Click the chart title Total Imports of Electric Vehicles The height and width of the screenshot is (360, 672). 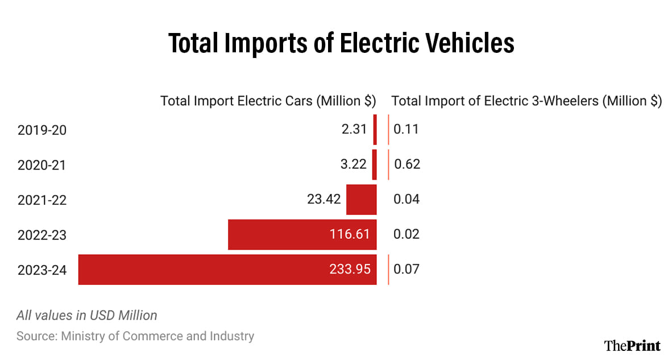click(x=341, y=44)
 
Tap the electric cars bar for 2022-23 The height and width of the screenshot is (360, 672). click(x=273, y=234)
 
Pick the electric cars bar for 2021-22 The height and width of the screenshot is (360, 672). click(x=362, y=200)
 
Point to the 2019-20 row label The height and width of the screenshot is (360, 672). click(x=42, y=130)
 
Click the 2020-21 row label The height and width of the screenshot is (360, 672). click(x=42, y=165)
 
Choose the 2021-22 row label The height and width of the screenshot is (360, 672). click(x=42, y=200)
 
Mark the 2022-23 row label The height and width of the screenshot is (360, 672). click(x=42, y=234)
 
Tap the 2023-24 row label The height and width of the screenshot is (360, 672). click(x=42, y=270)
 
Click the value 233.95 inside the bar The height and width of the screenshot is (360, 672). click(x=350, y=270)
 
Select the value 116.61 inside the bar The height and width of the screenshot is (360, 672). click(x=350, y=234)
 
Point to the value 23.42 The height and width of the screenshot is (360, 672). click(x=323, y=200)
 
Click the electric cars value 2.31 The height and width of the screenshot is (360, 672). click(x=354, y=130)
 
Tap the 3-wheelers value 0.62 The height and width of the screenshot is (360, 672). click(x=406, y=165)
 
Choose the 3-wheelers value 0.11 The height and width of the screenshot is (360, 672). click(x=406, y=130)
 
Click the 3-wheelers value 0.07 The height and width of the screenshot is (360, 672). click(x=406, y=270)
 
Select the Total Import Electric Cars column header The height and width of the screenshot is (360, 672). click(x=268, y=101)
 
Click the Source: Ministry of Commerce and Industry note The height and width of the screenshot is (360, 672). click(x=135, y=336)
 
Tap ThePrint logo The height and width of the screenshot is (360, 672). click(x=632, y=345)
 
